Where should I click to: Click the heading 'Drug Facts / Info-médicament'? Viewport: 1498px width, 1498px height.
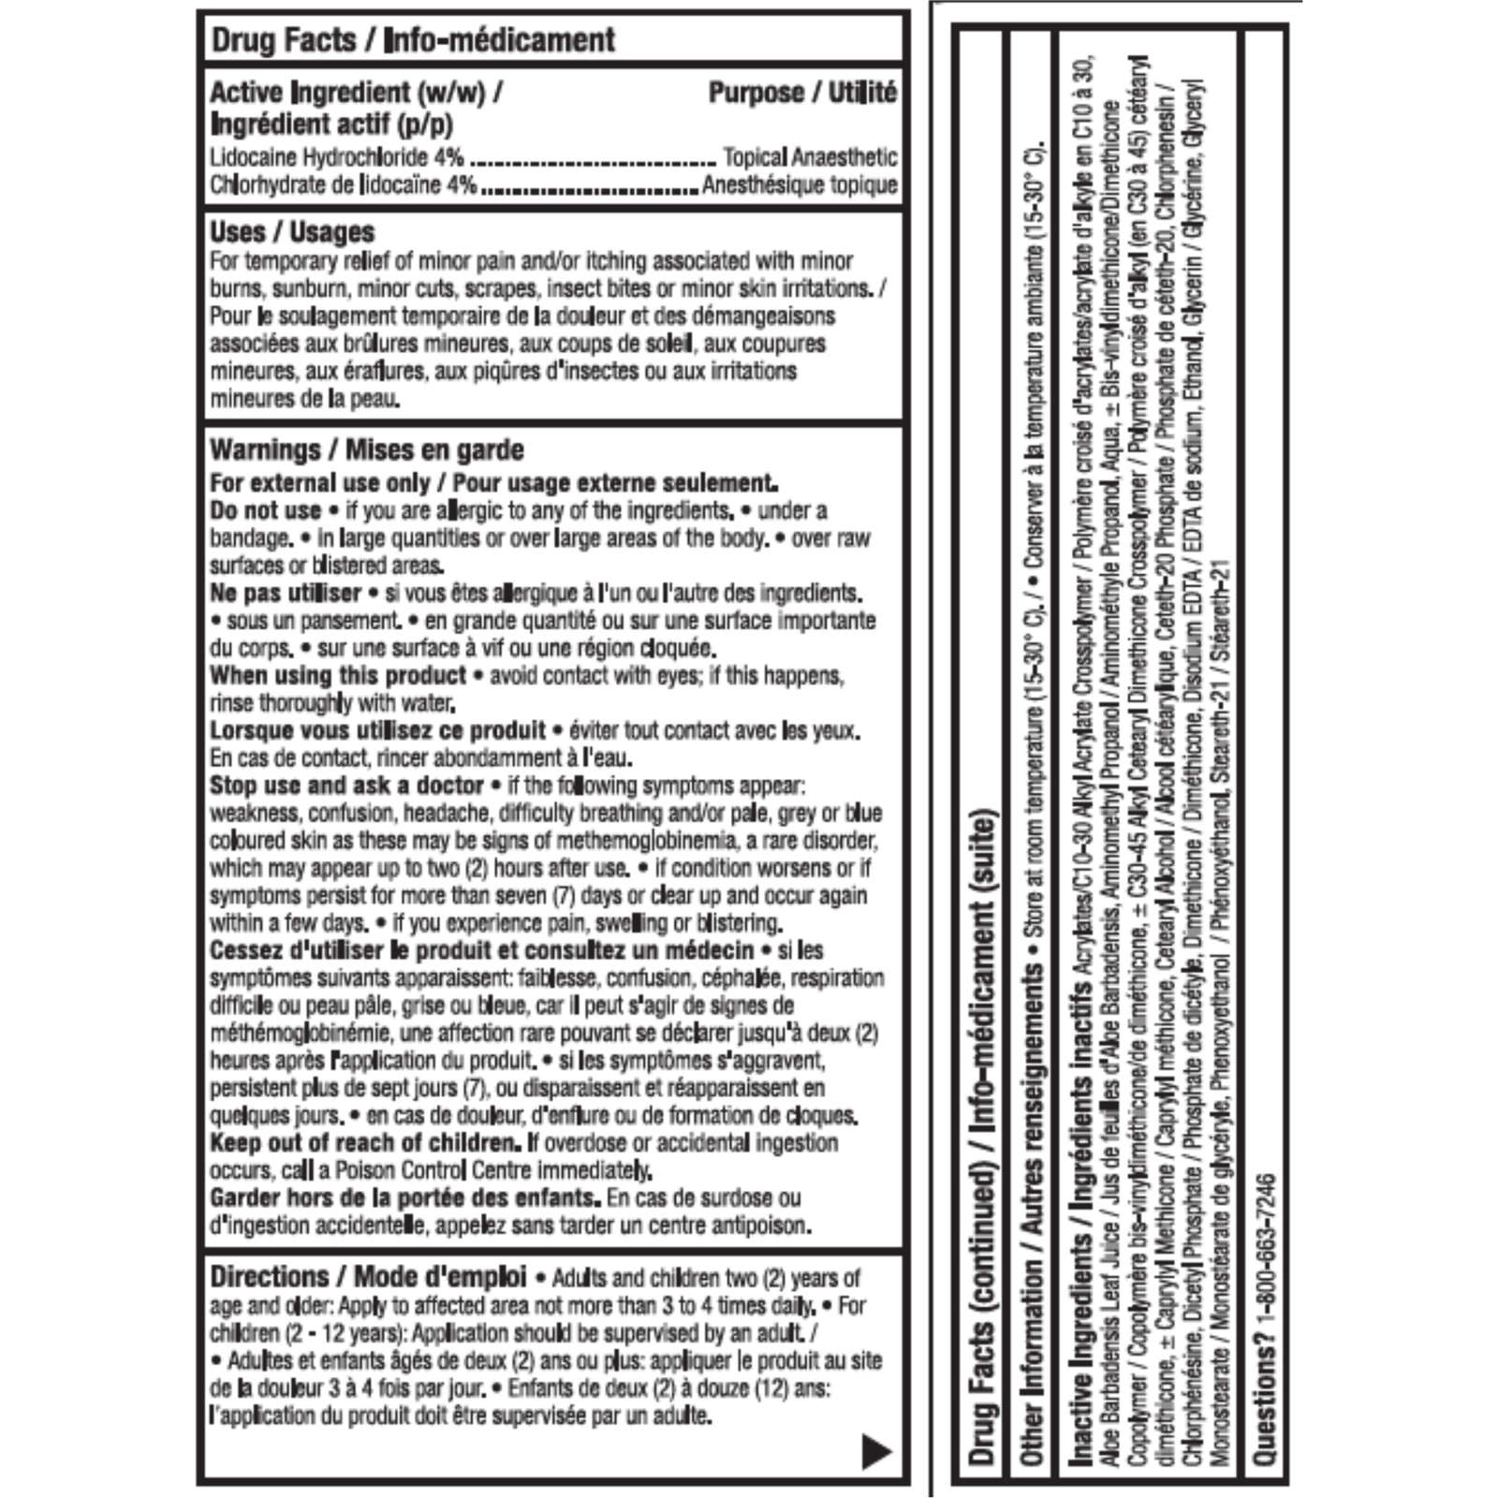pos(413,40)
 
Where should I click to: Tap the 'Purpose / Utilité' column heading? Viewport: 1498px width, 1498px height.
pos(802,93)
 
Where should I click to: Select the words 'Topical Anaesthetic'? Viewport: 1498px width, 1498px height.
pos(810,157)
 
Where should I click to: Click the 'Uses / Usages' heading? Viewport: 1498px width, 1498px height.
pos(292,232)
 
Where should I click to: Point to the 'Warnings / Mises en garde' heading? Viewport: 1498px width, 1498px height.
pos(367,450)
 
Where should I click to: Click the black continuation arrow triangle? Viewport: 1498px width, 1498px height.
pos(876,1451)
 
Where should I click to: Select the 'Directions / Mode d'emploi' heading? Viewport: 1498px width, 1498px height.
pos(368,1277)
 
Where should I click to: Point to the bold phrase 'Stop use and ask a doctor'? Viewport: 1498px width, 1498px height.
pos(346,786)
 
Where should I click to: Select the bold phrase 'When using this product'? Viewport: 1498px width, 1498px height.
pos(338,676)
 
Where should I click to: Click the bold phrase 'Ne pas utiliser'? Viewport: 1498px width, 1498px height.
pos(286,594)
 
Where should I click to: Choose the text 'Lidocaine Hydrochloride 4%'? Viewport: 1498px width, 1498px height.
pos(337,157)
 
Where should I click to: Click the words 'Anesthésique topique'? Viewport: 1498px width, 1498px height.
pos(800,185)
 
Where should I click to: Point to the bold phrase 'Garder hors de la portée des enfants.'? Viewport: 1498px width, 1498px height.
pos(404,1198)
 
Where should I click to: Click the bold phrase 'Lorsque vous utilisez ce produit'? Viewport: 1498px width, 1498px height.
pos(377,731)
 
